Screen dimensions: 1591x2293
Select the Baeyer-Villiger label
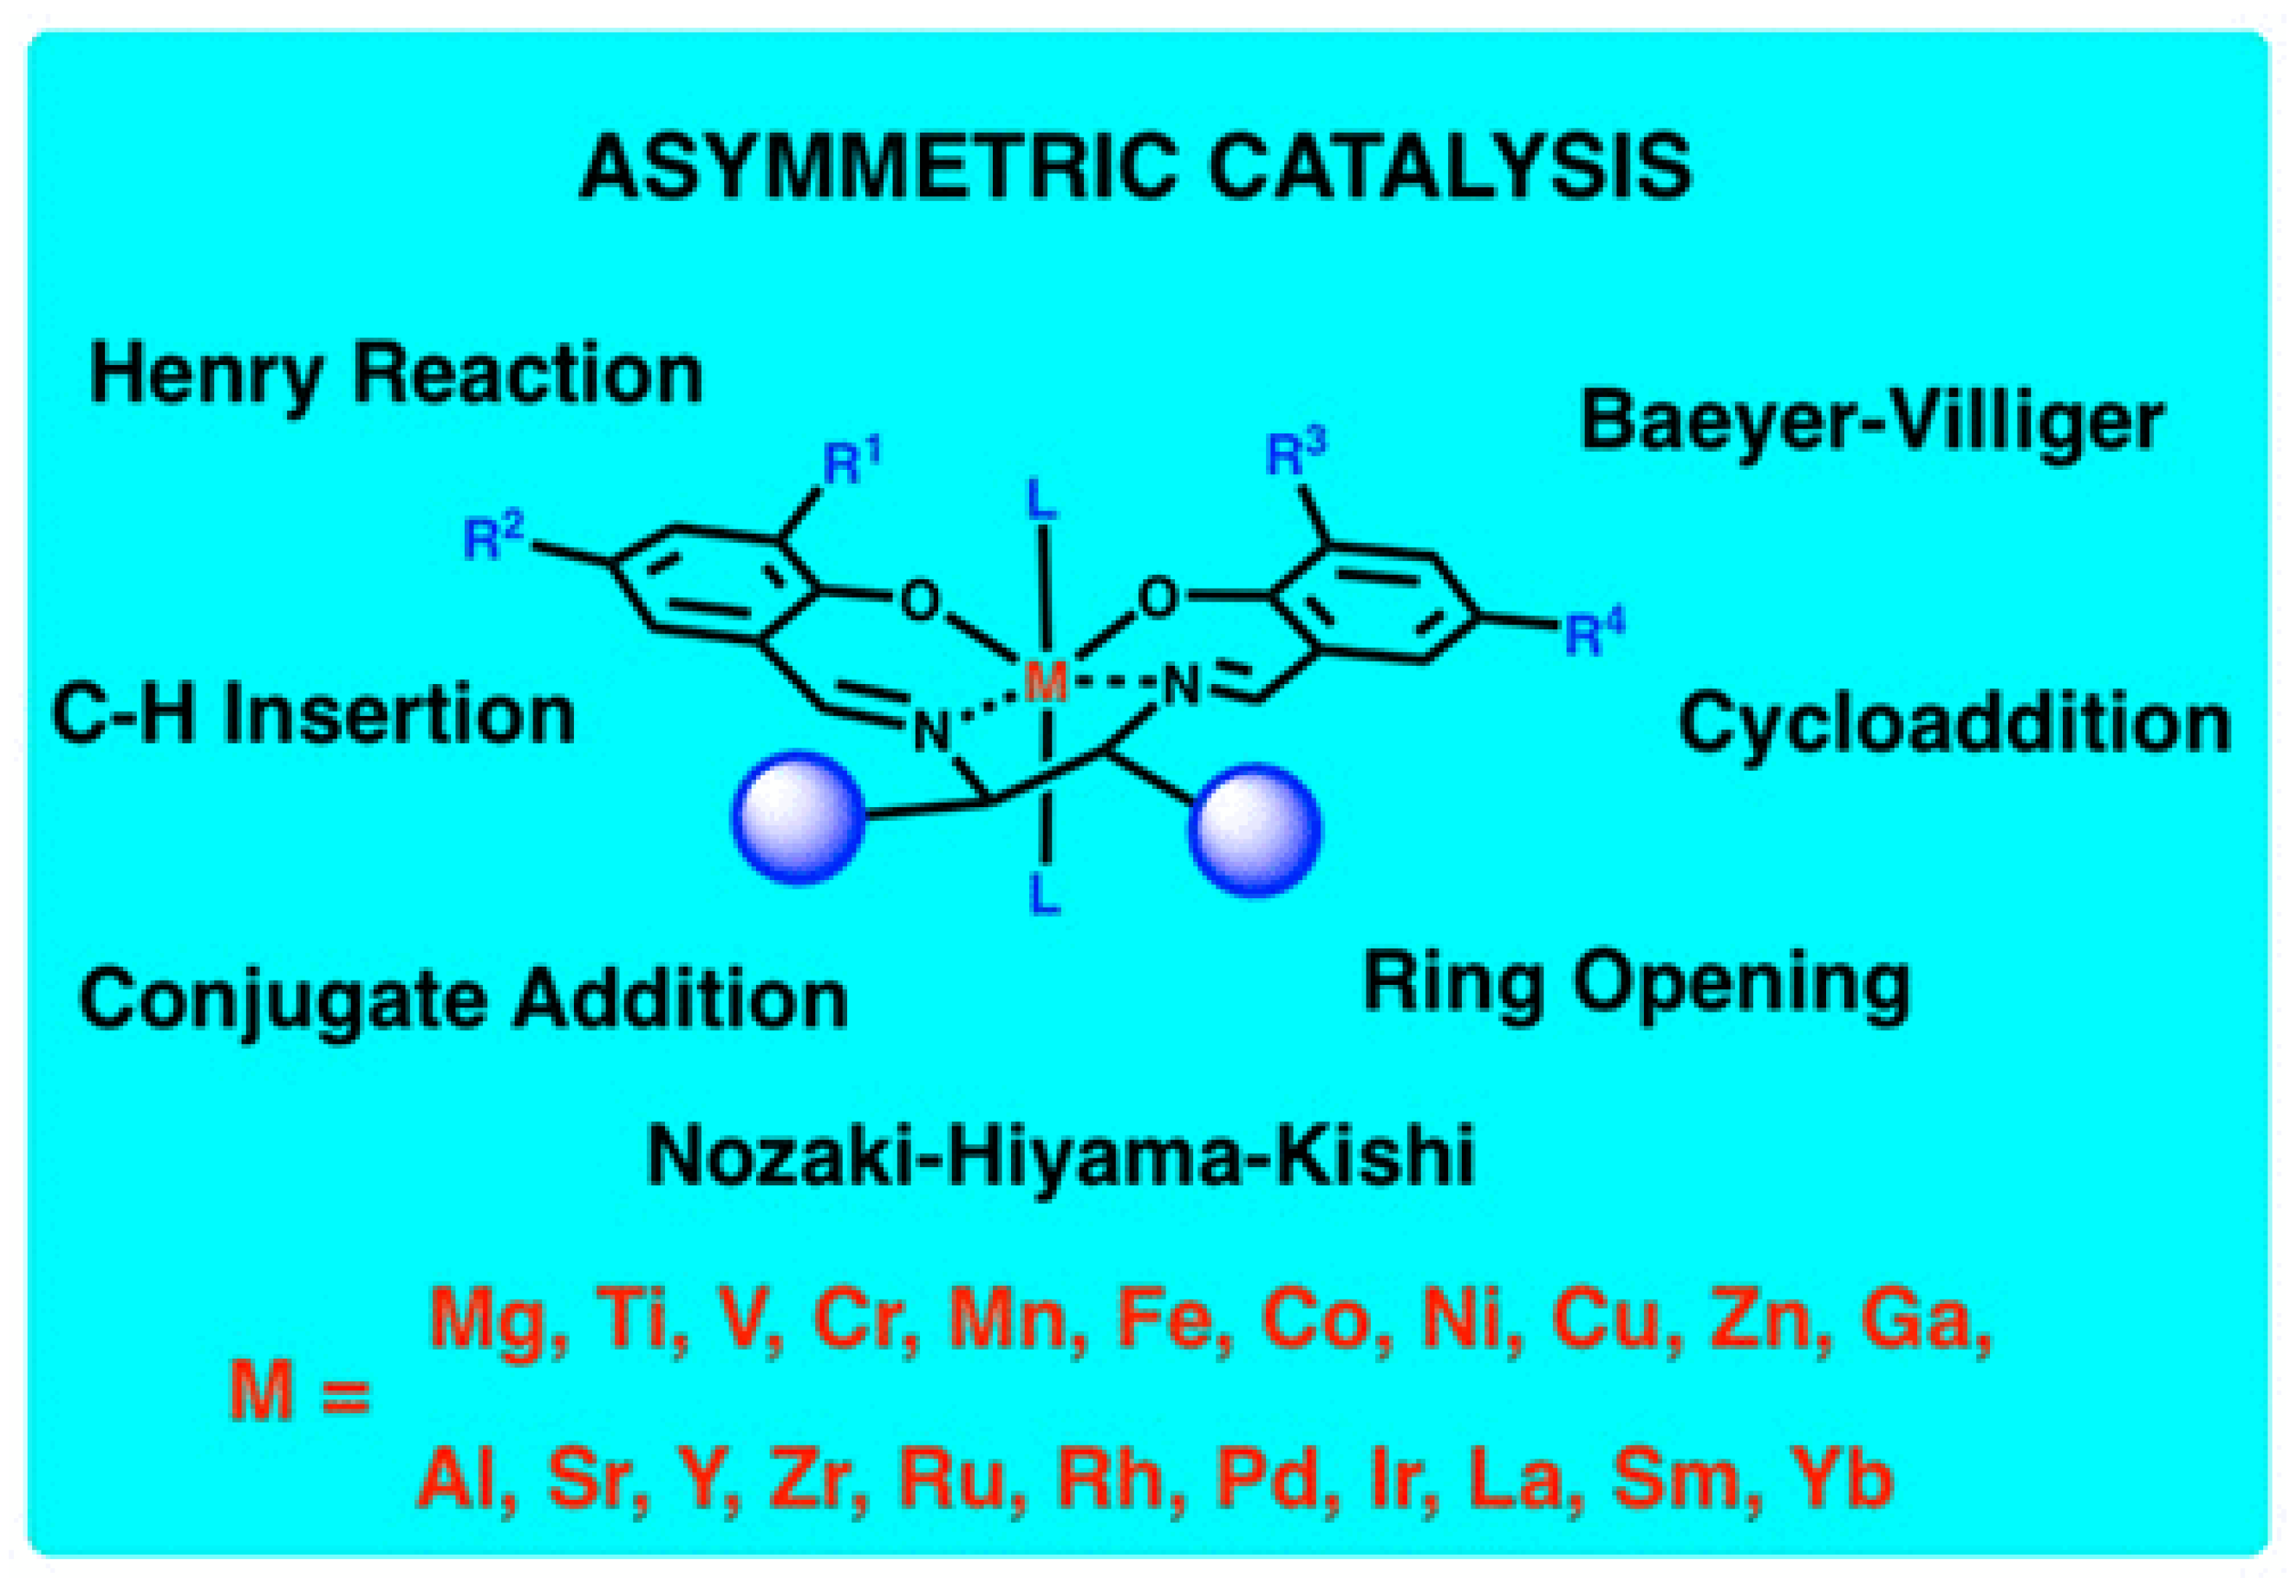point(1873,420)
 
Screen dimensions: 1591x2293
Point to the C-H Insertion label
point(313,714)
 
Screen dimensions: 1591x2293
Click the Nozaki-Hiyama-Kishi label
point(1061,1156)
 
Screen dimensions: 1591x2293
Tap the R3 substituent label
point(1296,455)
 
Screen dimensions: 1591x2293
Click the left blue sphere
point(797,817)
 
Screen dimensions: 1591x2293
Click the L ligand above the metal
point(1042,501)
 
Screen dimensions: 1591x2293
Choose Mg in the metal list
point(487,1321)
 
